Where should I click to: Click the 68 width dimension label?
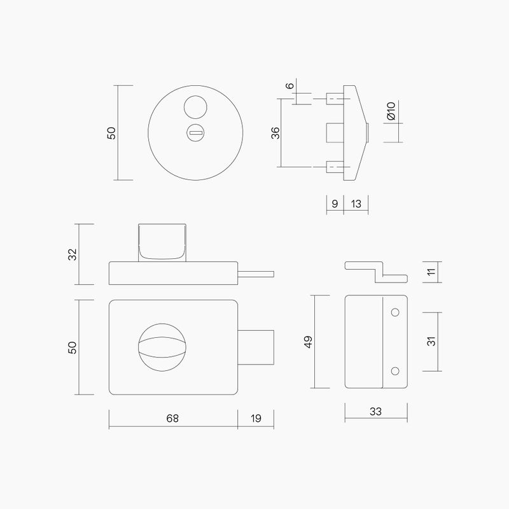(172, 418)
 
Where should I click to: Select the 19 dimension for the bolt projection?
(256, 418)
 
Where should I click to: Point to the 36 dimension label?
(275, 133)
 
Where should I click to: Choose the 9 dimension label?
(335, 204)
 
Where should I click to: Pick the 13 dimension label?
(356, 204)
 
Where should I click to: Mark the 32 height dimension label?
(73, 254)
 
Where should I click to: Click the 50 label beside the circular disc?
(111, 133)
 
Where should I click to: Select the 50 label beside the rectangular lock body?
(73, 347)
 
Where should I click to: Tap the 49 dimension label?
(309, 341)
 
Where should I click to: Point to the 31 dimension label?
(431, 341)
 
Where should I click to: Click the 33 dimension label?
(375, 412)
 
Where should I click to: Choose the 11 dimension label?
(431, 272)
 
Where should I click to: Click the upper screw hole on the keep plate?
(394, 312)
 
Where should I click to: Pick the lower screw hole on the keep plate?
(394, 370)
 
